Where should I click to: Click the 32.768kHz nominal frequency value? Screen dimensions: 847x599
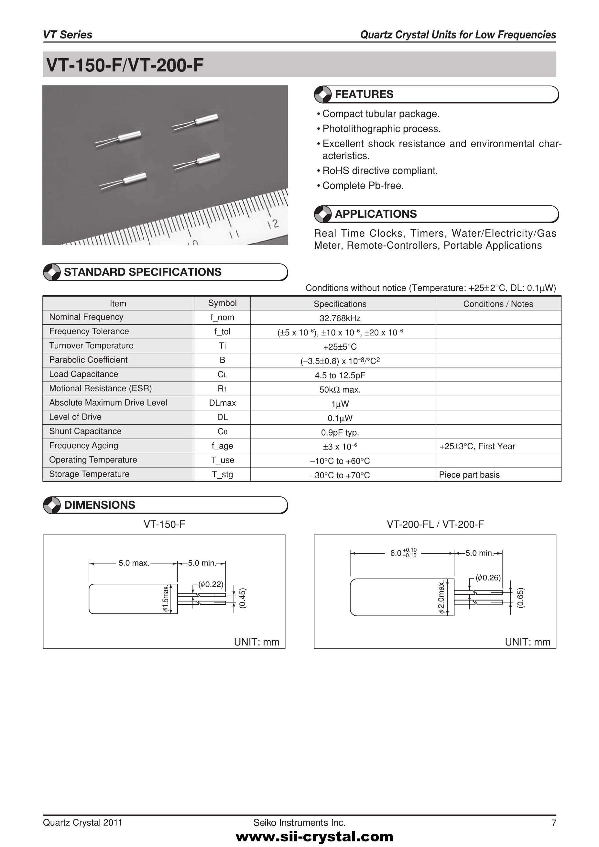[340, 318]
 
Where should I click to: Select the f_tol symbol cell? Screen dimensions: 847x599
[222, 331]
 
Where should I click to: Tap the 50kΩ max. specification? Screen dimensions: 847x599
[340, 390]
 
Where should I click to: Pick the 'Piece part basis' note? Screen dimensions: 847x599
[469, 475]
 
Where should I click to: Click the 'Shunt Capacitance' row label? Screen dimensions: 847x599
[85, 431]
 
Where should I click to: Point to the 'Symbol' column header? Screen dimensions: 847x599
[222, 303]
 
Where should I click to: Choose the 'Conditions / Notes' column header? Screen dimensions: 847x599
[498, 304]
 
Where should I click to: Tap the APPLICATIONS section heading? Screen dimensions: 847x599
[376, 214]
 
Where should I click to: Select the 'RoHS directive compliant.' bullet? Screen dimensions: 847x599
[380, 171]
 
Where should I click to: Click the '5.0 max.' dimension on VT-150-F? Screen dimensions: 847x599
[134, 563]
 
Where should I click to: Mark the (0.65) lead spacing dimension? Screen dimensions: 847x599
[520, 598]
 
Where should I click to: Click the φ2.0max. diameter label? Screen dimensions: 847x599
[441, 597]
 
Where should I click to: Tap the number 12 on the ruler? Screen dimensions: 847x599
[273, 224]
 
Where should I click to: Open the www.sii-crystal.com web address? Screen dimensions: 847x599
[314, 836]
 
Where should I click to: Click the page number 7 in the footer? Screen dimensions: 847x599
[553, 823]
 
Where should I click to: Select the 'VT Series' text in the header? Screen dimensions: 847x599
[68, 35]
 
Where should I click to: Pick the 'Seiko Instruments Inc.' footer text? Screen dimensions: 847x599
[299, 823]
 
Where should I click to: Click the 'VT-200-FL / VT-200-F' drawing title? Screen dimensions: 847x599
[435, 524]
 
